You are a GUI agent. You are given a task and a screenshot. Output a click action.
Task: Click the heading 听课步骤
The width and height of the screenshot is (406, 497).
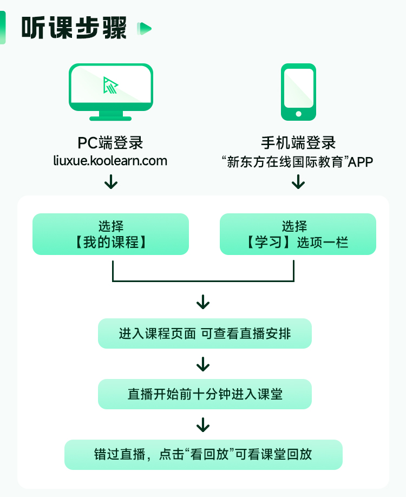(x=74, y=28)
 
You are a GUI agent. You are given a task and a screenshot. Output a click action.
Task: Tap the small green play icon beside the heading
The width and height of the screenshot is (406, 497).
(x=145, y=28)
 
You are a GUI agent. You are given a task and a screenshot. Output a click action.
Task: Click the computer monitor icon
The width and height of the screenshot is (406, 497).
(x=111, y=91)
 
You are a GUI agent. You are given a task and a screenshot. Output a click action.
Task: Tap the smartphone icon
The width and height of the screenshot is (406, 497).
(x=298, y=91)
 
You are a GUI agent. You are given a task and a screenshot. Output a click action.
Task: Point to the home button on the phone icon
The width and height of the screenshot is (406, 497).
(x=298, y=114)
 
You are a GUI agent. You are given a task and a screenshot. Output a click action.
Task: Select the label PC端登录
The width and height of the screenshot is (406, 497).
(x=110, y=143)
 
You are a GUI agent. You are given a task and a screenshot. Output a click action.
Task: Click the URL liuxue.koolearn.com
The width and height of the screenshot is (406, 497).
(x=110, y=161)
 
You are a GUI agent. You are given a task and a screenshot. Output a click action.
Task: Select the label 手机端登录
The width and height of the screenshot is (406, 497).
(x=298, y=143)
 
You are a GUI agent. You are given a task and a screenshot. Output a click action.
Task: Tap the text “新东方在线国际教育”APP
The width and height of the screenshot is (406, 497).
(x=298, y=161)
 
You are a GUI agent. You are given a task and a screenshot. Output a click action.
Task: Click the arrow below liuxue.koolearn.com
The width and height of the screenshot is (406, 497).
(x=111, y=181)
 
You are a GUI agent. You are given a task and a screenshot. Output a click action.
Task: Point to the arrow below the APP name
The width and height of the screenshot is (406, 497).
(x=298, y=181)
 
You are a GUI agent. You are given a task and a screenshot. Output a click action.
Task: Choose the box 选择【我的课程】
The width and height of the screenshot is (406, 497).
(x=110, y=234)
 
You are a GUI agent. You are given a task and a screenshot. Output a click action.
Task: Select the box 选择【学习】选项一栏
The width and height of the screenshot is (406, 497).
(x=298, y=234)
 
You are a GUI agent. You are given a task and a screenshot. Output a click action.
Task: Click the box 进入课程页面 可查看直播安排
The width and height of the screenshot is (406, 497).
(x=205, y=333)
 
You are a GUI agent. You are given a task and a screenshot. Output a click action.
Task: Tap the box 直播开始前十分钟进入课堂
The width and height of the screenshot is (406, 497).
(x=205, y=394)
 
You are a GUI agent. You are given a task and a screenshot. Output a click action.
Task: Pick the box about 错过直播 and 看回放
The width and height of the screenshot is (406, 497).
(x=204, y=454)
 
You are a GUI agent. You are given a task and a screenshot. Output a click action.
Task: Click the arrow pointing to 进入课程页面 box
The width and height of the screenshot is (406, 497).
(x=203, y=302)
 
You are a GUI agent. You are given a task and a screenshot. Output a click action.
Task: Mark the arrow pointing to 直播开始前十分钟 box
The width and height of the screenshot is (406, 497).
(x=203, y=364)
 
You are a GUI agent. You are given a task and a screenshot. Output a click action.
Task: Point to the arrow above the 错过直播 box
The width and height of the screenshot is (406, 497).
(x=203, y=424)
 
